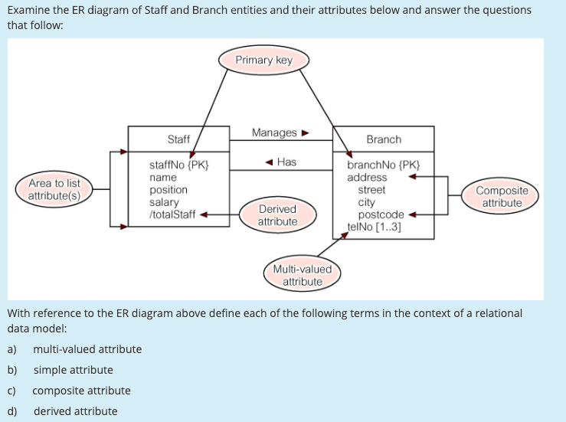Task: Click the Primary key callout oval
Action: (264, 60)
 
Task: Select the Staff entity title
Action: (178, 139)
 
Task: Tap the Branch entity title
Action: (383, 139)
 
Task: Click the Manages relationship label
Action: (274, 133)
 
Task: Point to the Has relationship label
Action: (286, 162)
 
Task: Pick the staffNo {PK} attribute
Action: (178, 165)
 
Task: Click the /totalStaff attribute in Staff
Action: (172, 214)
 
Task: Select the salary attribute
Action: (164, 202)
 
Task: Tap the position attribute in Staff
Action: (168, 190)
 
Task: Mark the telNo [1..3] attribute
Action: (375, 227)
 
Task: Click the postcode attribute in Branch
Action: (381, 214)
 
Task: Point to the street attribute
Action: (371, 190)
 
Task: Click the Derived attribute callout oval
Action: (277, 215)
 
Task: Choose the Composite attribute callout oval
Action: (502, 197)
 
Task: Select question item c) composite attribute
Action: (81, 391)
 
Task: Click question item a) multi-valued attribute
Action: (87, 349)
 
